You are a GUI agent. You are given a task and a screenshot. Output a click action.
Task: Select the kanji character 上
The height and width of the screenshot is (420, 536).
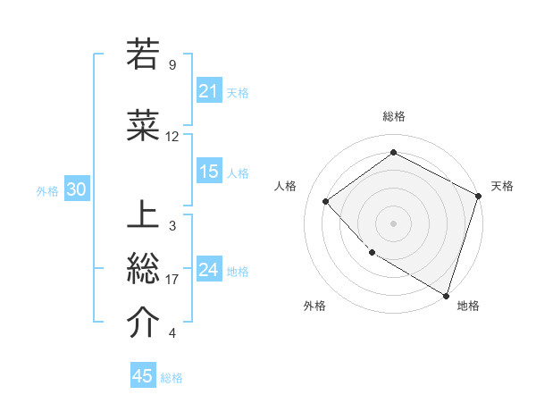pyautogui.click(x=143, y=214)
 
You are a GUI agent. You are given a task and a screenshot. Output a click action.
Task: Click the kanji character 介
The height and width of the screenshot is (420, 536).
pyautogui.click(x=143, y=323)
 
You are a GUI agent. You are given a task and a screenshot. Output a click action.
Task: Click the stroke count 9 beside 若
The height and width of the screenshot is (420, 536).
pyautogui.click(x=172, y=65)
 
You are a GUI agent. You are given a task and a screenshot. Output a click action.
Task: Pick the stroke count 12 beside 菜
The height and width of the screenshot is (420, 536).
pyautogui.click(x=172, y=137)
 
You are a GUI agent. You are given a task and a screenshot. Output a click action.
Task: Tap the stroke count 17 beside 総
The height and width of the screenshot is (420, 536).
pyautogui.click(x=172, y=280)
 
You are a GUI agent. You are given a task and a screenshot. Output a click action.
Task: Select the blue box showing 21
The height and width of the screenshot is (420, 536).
pyautogui.click(x=209, y=91)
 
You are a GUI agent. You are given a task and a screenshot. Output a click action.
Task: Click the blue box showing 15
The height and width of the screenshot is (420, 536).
pyautogui.click(x=209, y=172)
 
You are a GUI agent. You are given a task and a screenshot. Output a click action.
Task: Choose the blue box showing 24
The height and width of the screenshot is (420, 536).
pyautogui.click(x=209, y=270)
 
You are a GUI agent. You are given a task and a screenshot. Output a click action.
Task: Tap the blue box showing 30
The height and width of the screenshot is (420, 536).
pyautogui.click(x=76, y=189)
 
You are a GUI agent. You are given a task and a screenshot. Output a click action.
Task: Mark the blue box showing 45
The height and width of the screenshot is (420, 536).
pyautogui.click(x=143, y=376)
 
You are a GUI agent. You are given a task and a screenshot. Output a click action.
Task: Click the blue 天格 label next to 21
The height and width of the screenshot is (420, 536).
pyautogui.click(x=237, y=92)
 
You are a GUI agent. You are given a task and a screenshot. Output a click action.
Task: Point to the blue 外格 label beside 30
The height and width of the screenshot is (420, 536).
pyautogui.click(x=47, y=190)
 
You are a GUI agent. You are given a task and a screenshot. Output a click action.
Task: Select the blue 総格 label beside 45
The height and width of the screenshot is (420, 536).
pyautogui.click(x=172, y=377)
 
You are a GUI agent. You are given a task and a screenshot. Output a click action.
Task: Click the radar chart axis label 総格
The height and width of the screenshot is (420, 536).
pyautogui.click(x=393, y=116)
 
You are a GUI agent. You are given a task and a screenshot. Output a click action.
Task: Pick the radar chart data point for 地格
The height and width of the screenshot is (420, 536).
pyautogui.click(x=446, y=295)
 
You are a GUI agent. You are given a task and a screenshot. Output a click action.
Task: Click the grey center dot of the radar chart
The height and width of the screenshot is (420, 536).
pyautogui.click(x=393, y=223)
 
